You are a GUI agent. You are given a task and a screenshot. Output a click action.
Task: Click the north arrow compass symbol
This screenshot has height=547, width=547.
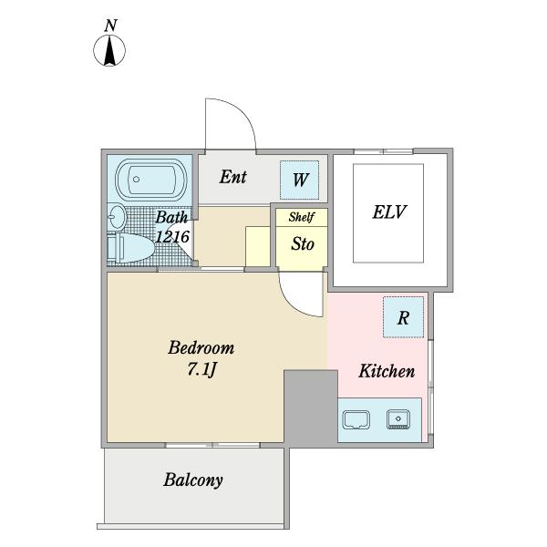point(109,50)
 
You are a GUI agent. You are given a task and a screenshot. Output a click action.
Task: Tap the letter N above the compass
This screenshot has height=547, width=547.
point(110,26)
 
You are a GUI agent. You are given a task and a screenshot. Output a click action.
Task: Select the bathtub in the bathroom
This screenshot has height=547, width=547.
point(151,180)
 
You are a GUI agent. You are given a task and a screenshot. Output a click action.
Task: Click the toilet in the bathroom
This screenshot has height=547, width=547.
point(130,248)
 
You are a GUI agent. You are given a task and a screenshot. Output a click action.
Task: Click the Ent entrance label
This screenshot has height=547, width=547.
point(233,177)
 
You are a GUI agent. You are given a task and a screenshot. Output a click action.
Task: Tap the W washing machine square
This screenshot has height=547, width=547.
point(300,180)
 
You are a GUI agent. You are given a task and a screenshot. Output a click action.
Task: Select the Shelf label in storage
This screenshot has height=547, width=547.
point(302,217)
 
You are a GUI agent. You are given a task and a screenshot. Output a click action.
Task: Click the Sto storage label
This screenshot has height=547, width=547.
point(303,243)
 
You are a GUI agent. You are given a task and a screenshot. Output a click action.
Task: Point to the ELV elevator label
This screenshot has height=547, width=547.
point(389,212)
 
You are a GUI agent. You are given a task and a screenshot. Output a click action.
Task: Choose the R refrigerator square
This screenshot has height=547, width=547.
point(403,317)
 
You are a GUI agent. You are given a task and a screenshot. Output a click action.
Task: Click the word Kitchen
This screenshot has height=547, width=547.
point(387,371)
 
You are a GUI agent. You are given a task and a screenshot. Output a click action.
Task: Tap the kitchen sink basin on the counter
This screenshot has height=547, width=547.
point(356,419)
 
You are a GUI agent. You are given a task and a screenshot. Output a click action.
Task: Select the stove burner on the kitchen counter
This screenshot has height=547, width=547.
point(398,419)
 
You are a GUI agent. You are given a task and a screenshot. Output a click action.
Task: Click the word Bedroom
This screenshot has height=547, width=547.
point(201,348)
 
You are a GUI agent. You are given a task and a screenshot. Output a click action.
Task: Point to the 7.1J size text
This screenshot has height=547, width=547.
point(202,369)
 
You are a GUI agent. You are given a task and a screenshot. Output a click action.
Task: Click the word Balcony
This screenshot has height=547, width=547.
point(193,480)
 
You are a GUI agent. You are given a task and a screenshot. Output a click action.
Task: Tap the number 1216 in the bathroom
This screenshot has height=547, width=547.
point(172,237)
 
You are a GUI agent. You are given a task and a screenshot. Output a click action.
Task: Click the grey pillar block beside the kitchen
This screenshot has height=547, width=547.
point(311,408)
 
